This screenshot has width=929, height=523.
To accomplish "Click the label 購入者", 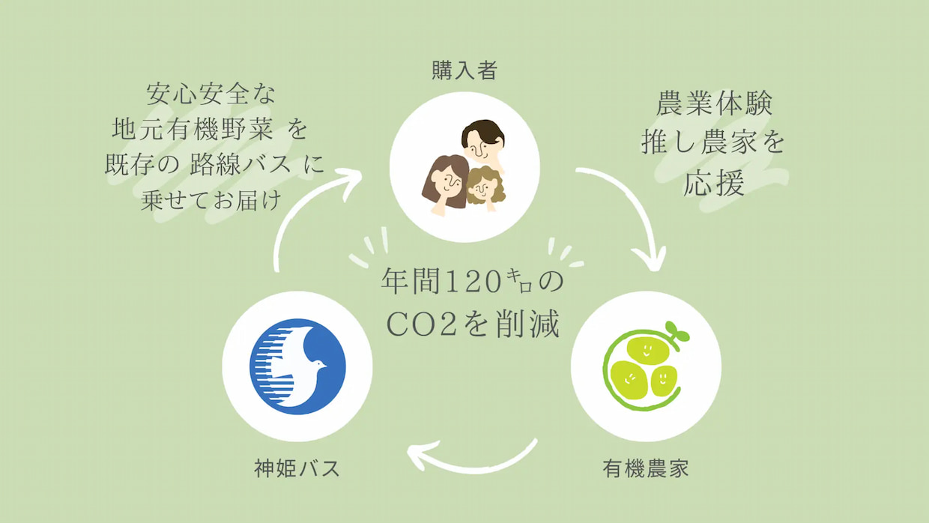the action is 464,70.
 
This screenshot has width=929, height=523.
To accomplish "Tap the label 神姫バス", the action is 297,468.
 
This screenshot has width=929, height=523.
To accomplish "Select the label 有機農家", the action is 646,468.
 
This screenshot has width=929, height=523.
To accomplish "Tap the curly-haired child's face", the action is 483,189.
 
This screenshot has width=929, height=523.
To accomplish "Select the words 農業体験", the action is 714,103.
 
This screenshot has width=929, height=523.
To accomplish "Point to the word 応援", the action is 714,183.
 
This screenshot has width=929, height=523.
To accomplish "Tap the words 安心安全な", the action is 211,94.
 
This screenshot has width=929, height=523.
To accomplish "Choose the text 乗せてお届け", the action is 211,200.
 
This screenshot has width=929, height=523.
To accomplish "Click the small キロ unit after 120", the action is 520,280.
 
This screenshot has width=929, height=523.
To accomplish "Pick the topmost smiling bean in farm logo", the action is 647,351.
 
